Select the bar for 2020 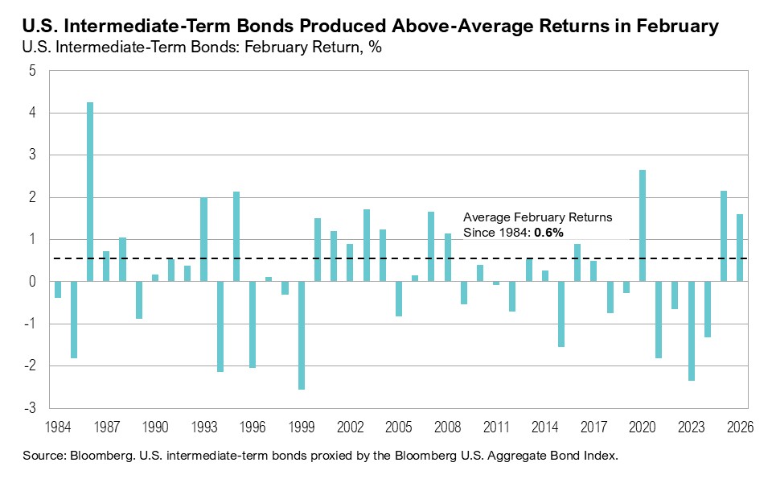pos(643,225)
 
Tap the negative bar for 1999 pos(302,335)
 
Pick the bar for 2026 pos(740,248)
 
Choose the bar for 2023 pos(692,331)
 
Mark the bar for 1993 pos(204,239)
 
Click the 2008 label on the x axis pos(447,427)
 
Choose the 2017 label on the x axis pos(593,427)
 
